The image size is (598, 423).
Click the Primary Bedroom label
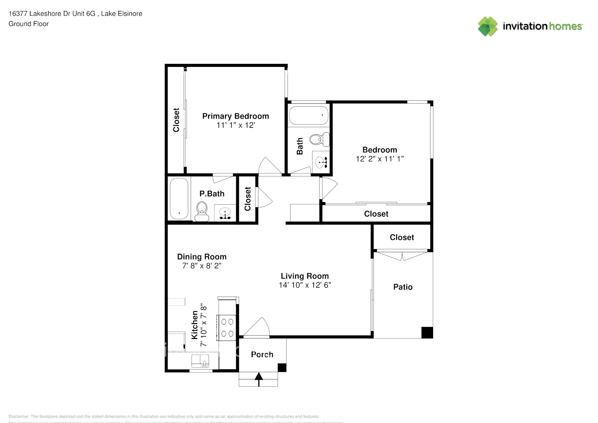(236, 116)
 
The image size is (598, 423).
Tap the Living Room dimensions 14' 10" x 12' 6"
(304, 285)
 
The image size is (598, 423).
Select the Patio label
(403, 287)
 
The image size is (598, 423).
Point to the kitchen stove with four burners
(227, 328)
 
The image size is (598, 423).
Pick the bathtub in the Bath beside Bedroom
(309, 115)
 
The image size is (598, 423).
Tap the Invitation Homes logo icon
(488, 26)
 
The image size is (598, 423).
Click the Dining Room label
(202, 257)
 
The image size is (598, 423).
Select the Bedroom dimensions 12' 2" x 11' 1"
(379, 159)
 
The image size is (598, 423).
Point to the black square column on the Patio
(427, 332)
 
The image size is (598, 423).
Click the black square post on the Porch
(282, 367)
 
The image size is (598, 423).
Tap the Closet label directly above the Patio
(402, 237)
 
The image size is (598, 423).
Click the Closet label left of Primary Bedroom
(176, 120)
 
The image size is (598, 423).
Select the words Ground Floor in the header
(29, 24)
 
